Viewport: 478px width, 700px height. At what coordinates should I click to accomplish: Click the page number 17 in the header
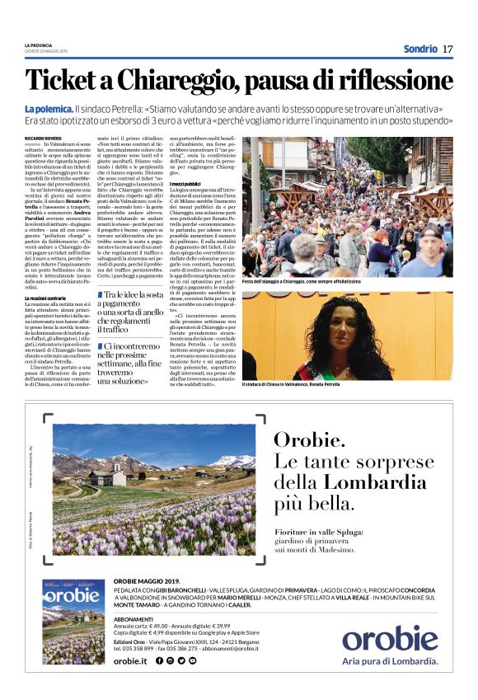pyautogui.click(x=448, y=49)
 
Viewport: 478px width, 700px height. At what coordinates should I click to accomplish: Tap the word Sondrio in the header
pyautogui.click(x=420, y=49)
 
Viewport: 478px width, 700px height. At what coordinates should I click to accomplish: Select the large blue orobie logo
pyautogui.click(x=390, y=637)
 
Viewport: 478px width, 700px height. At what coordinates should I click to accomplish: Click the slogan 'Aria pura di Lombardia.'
pyautogui.click(x=390, y=660)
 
